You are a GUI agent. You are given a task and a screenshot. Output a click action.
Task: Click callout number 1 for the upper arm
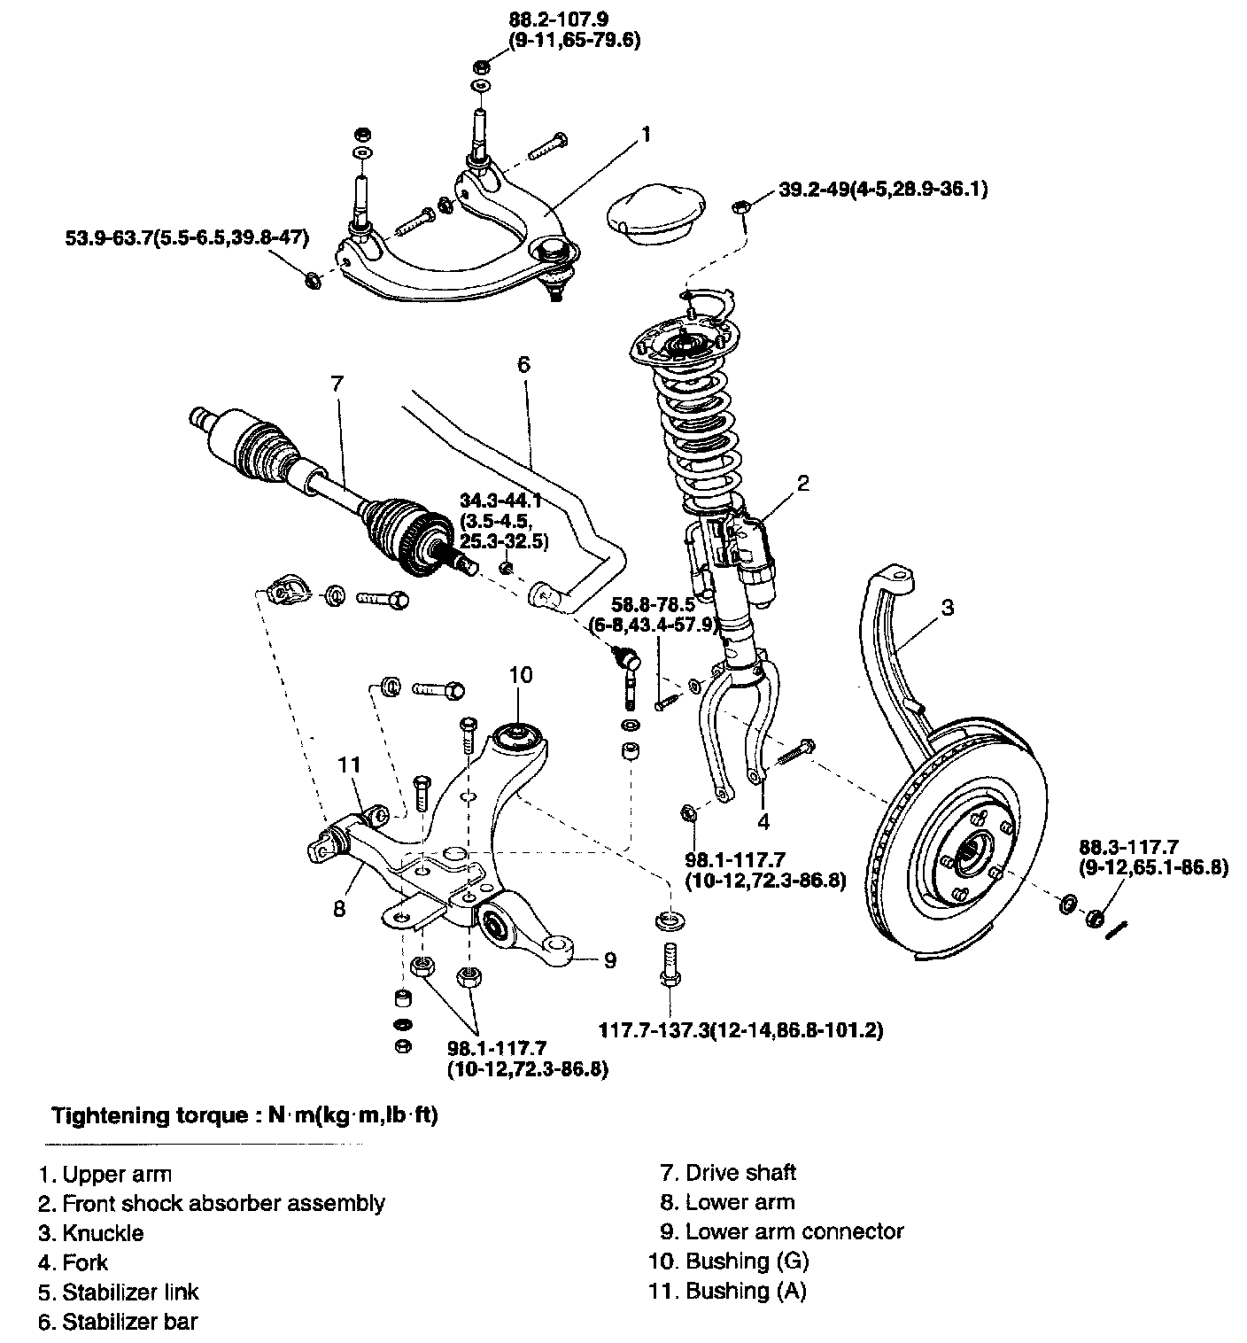click(646, 135)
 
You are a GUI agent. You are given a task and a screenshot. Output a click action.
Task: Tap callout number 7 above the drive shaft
click(337, 384)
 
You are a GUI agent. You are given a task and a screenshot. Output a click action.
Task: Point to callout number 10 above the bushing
click(521, 675)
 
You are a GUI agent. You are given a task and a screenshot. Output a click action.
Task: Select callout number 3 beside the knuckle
click(948, 607)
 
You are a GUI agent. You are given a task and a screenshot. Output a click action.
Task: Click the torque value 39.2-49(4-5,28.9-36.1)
click(883, 189)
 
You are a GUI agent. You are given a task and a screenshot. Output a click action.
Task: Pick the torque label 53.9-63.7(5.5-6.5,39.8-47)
click(188, 238)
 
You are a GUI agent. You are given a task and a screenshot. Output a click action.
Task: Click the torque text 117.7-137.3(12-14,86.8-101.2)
click(741, 1030)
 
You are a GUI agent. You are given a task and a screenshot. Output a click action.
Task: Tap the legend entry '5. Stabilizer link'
click(119, 1292)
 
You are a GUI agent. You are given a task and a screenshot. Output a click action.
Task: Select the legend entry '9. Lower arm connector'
click(782, 1231)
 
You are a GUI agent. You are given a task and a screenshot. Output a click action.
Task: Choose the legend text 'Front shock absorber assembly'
click(224, 1203)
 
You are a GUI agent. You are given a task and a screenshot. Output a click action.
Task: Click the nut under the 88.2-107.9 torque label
click(481, 67)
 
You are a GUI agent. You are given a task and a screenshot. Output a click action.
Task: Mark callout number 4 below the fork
click(763, 821)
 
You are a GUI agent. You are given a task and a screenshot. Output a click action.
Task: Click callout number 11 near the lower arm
click(350, 765)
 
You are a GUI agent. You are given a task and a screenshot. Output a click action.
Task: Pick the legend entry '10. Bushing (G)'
click(729, 1261)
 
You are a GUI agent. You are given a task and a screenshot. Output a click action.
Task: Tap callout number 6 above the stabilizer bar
click(524, 364)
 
